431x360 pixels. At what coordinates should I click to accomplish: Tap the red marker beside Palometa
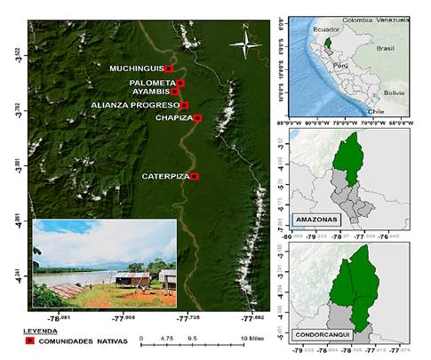point(180,83)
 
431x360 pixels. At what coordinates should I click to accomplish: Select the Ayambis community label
point(149,92)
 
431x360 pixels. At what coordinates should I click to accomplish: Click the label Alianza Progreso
point(135,105)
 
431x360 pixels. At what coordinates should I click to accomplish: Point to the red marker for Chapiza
point(197,117)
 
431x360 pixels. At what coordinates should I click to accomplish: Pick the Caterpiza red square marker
point(196,176)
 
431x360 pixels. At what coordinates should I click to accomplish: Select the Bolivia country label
point(394,92)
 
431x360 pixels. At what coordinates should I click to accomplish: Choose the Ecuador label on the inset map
point(327,29)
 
